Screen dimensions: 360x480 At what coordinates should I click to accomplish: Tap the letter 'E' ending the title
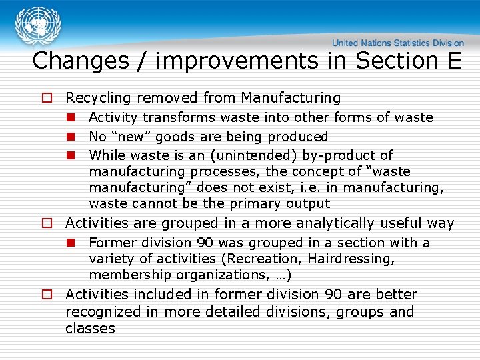tap(454, 61)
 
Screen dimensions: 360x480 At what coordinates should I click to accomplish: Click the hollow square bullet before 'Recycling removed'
tap(47, 99)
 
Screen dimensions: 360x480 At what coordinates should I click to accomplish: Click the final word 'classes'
tap(90, 329)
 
